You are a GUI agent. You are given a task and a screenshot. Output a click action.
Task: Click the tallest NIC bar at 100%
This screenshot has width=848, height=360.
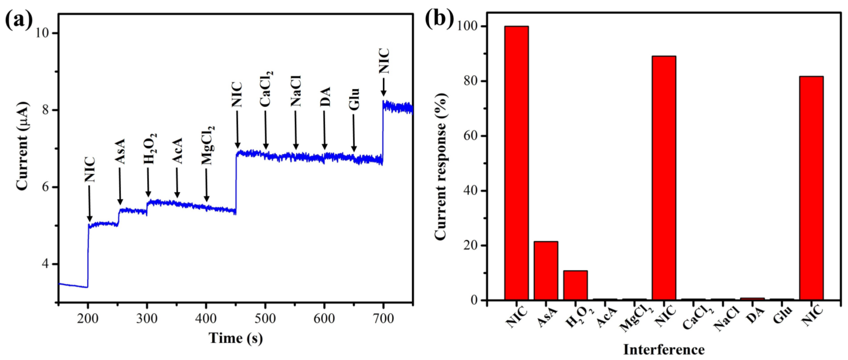[x=516, y=163]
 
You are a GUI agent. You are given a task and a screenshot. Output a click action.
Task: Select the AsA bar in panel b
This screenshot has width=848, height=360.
[x=546, y=271]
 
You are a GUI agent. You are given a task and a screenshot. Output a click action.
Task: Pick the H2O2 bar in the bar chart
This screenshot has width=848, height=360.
[x=575, y=285]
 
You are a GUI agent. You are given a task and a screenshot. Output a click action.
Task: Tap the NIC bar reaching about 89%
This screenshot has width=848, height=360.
[x=664, y=178]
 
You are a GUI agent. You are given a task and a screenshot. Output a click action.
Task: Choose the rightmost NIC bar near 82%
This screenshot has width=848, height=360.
[x=811, y=188]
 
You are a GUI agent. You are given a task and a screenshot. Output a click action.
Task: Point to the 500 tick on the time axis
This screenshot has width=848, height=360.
[x=265, y=318]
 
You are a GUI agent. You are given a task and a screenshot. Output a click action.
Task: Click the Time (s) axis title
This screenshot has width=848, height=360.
[x=236, y=338]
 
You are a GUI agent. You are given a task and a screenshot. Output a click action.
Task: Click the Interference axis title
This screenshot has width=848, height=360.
[x=664, y=350]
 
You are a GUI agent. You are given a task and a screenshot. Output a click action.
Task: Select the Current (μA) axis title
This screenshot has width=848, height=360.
[x=22, y=146]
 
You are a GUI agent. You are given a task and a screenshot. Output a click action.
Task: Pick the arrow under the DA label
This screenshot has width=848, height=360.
[x=325, y=130]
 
